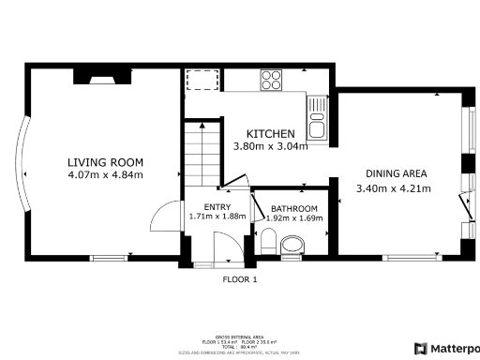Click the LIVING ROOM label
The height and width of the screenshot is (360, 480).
point(105,161)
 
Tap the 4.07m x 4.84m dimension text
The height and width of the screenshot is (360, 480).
point(105,174)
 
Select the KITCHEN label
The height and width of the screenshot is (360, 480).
point(270,134)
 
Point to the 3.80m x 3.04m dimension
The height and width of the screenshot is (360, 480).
point(270,146)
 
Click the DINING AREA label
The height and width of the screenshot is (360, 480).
point(396,173)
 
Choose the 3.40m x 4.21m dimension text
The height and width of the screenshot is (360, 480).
point(393,188)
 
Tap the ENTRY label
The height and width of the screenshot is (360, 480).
point(217,207)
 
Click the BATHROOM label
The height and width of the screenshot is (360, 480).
point(294,209)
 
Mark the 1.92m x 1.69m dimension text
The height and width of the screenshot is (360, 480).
point(294,218)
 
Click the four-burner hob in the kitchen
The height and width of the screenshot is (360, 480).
point(272,79)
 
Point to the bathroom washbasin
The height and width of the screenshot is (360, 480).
point(292,246)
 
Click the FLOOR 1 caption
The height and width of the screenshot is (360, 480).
point(239,279)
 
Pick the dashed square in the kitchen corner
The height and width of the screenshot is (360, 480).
point(199,79)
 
